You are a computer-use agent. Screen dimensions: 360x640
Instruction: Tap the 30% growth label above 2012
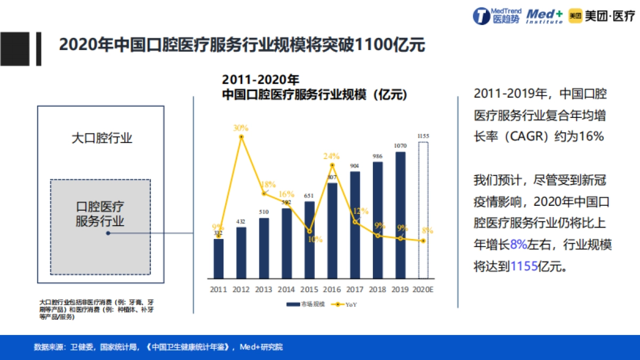[x=241, y=128]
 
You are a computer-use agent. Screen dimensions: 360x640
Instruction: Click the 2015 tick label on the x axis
[x=309, y=290]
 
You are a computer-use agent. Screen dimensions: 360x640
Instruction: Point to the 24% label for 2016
[x=332, y=156]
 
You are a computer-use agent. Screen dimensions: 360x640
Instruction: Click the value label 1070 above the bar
[x=400, y=146]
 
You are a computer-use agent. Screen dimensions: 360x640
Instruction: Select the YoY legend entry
[x=345, y=305]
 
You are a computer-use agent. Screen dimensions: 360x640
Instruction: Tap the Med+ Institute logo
[x=544, y=16]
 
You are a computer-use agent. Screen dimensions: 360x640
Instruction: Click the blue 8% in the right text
[x=518, y=244]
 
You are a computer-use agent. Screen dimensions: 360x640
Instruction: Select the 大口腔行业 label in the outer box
[x=102, y=139]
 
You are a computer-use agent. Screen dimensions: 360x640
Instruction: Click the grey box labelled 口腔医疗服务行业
[x=100, y=227]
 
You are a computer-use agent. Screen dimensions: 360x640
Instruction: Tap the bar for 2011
[x=218, y=259]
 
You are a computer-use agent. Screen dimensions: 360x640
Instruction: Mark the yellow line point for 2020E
[x=423, y=241]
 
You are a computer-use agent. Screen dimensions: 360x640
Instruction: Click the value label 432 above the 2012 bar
[x=241, y=221]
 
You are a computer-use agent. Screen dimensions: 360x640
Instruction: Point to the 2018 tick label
[x=378, y=290]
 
